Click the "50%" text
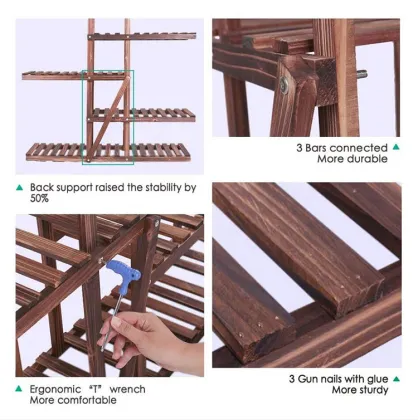point(40,199)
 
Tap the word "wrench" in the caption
point(128,389)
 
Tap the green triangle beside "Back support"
point(19,186)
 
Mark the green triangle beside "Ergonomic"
point(19,389)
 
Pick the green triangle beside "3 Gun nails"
point(276,379)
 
